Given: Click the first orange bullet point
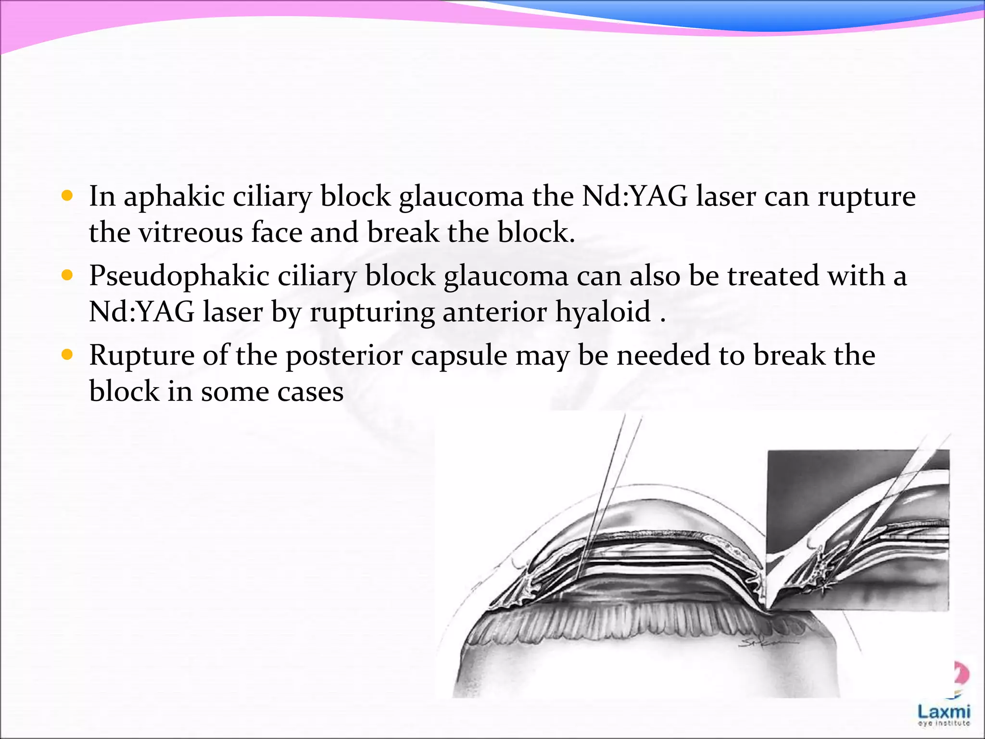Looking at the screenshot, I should (67, 196).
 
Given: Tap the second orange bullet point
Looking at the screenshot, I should (67, 275).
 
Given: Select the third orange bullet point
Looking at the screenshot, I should (67, 355).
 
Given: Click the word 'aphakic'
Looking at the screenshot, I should (174, 197).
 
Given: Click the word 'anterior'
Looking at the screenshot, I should (494, 312).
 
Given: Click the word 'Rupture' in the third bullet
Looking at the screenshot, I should (142, 356).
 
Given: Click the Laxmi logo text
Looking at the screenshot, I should (944, 711).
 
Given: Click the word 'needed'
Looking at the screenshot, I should (664, 356).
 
